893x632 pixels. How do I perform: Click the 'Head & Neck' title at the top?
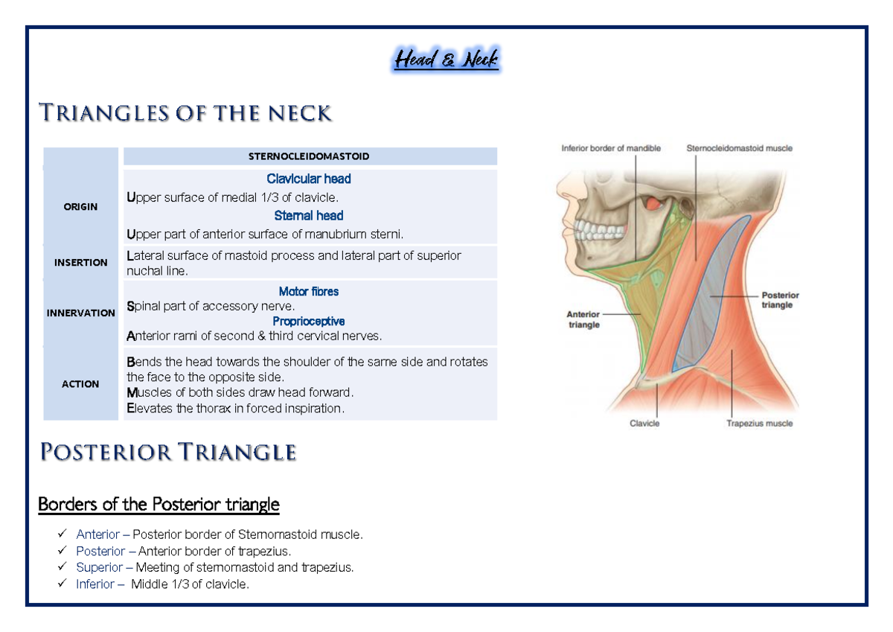446,60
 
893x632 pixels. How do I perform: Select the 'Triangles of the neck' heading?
185,113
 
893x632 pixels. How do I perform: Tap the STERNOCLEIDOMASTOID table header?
309,156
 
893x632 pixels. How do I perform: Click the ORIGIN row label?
80,206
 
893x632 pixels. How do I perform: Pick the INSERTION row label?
80,262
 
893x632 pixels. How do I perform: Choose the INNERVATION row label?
80,313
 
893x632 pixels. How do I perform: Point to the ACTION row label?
80,384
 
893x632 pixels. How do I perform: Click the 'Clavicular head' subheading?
309,179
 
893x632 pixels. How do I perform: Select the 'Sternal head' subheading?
309,216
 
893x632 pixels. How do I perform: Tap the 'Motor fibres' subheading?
309,292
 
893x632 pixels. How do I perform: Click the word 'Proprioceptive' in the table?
309,322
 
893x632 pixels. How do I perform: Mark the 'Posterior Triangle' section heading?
168,452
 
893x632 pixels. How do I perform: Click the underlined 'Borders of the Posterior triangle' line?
159,505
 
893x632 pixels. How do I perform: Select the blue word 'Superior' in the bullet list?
99,568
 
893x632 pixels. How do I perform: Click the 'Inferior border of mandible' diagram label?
610,148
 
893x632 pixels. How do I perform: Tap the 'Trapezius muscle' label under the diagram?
759,424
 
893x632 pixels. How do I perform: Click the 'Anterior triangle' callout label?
583,319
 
